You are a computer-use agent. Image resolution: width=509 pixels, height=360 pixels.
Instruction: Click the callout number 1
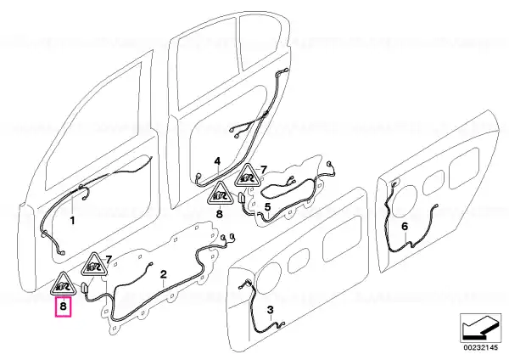click(x=72, y=221)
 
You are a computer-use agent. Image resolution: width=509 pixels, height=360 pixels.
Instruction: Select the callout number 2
click(x=163, y=274)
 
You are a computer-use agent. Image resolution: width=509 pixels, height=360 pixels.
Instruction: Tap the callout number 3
click(x=271, y=310)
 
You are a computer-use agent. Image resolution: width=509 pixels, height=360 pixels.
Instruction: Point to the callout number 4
click(x=217, y=161)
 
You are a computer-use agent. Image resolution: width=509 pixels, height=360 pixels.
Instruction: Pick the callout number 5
click(x=267, y=207)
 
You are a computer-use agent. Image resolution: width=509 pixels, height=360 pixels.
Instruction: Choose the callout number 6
click(x=405, y=226)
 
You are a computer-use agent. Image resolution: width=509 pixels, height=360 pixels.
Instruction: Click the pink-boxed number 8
click(x=63, y=306)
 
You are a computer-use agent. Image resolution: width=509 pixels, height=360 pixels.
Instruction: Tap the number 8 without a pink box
click(x=219, y=214)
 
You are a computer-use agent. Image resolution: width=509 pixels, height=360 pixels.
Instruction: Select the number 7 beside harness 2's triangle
click(x=109, y=260)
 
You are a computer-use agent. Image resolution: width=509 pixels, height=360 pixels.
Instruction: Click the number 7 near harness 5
click(x=263, y=170)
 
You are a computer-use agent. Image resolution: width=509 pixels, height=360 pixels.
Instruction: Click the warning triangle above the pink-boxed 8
click(x=63, y=284)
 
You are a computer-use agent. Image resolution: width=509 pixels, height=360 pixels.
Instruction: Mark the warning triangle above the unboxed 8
click(x=220, y=194)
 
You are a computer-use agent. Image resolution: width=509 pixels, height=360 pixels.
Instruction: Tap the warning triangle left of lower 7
click(x=94, y=264)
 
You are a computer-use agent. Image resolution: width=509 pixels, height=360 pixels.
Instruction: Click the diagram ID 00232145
click(x=480, y=347)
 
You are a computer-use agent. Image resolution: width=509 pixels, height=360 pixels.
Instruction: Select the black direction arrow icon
click(x=480, y=328)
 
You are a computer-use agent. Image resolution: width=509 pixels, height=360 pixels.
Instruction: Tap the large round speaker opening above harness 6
click(x=403, y=200)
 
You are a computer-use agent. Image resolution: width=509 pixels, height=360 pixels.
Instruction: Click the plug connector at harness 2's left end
click(x=85, y=288)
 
